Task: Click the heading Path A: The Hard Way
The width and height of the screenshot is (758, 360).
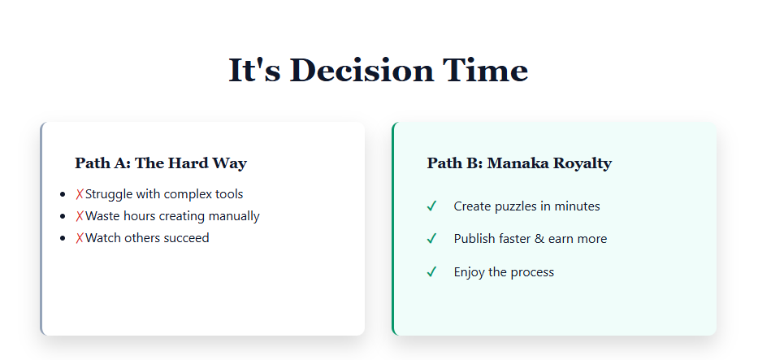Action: point(161,163)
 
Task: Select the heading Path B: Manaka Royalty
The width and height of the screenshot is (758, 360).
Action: point(519,163)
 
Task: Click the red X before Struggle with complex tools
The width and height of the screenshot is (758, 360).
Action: point(80,194)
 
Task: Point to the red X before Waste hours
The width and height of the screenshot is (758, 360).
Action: point(80,216)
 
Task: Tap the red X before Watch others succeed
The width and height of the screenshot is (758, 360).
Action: point(80,238)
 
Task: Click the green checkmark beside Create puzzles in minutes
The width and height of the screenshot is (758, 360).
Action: point(432,206)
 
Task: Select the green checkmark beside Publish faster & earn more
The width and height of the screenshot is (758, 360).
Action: point(432,239)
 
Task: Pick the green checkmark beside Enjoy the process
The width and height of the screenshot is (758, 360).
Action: point(432,271)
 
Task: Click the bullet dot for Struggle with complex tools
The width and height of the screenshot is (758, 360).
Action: point(63,195)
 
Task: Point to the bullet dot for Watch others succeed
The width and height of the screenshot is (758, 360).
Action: point(63,239)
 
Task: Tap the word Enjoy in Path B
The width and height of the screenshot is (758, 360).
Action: point(470,271)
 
